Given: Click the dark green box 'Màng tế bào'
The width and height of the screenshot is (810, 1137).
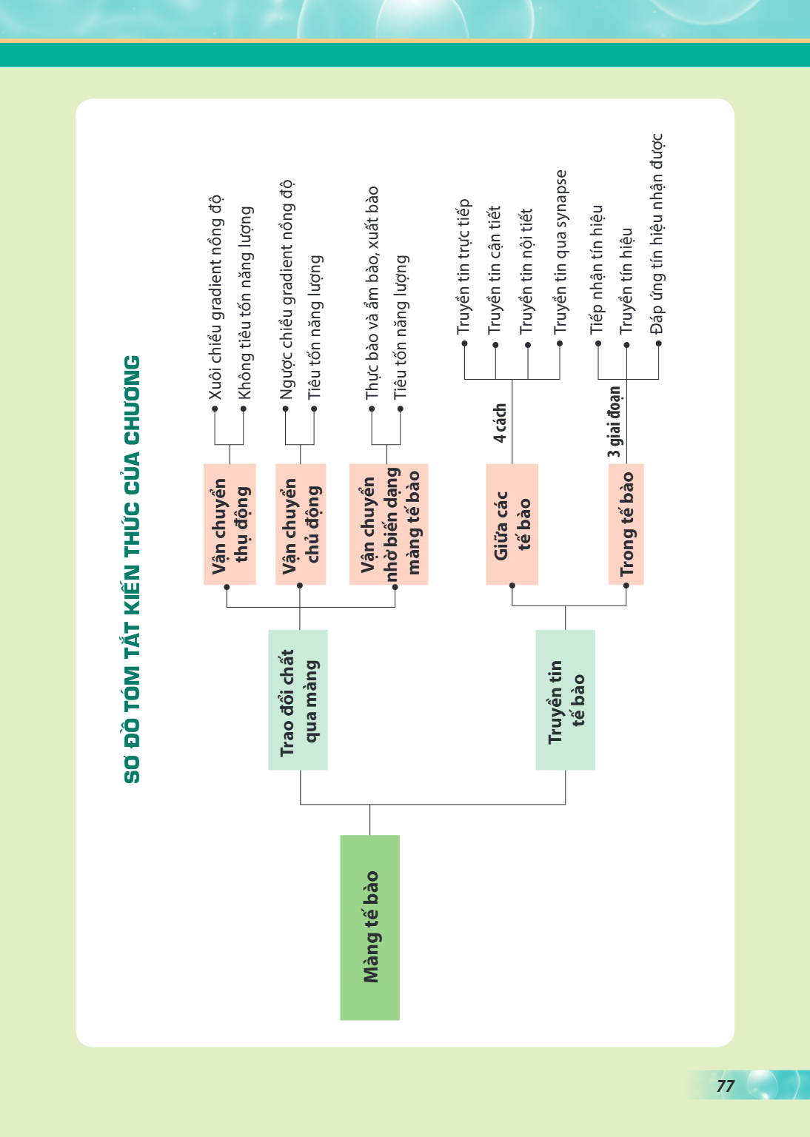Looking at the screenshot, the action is (369, 928).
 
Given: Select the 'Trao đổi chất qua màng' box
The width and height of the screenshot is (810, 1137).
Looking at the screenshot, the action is (298, 700).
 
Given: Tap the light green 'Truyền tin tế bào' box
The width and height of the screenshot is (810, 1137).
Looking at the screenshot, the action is (565, 700).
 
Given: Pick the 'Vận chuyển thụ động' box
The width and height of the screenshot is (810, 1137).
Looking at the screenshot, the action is (230, 524).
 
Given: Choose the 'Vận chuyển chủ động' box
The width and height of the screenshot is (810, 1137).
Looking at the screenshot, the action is (301, 524).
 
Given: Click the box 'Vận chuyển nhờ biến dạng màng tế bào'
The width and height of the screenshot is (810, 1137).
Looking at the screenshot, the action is (389, 524).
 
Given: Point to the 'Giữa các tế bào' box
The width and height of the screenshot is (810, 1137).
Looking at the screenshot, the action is (512, 524).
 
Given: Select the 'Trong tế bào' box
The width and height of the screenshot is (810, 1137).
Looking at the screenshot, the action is (626, 524).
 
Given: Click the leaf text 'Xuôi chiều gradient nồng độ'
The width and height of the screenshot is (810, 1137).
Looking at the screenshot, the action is (215, 298).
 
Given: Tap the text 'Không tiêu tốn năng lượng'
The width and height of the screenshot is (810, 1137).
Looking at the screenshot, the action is (244, 303).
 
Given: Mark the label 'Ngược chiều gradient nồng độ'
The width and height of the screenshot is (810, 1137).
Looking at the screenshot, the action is (286, 290).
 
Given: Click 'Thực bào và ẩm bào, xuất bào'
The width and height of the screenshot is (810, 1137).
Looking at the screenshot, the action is (372, 293).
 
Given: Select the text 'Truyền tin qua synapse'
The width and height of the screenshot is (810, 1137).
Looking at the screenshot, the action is (560, 252).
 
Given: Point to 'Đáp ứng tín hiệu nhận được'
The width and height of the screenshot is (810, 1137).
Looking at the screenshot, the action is (657, 234).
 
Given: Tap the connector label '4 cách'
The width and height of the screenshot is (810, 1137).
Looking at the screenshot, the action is (500, 423).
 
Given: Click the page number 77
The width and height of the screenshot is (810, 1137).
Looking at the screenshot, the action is (726, 1086).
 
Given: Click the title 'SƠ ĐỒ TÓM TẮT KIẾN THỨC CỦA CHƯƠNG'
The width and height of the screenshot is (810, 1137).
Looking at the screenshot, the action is (132, 569).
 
